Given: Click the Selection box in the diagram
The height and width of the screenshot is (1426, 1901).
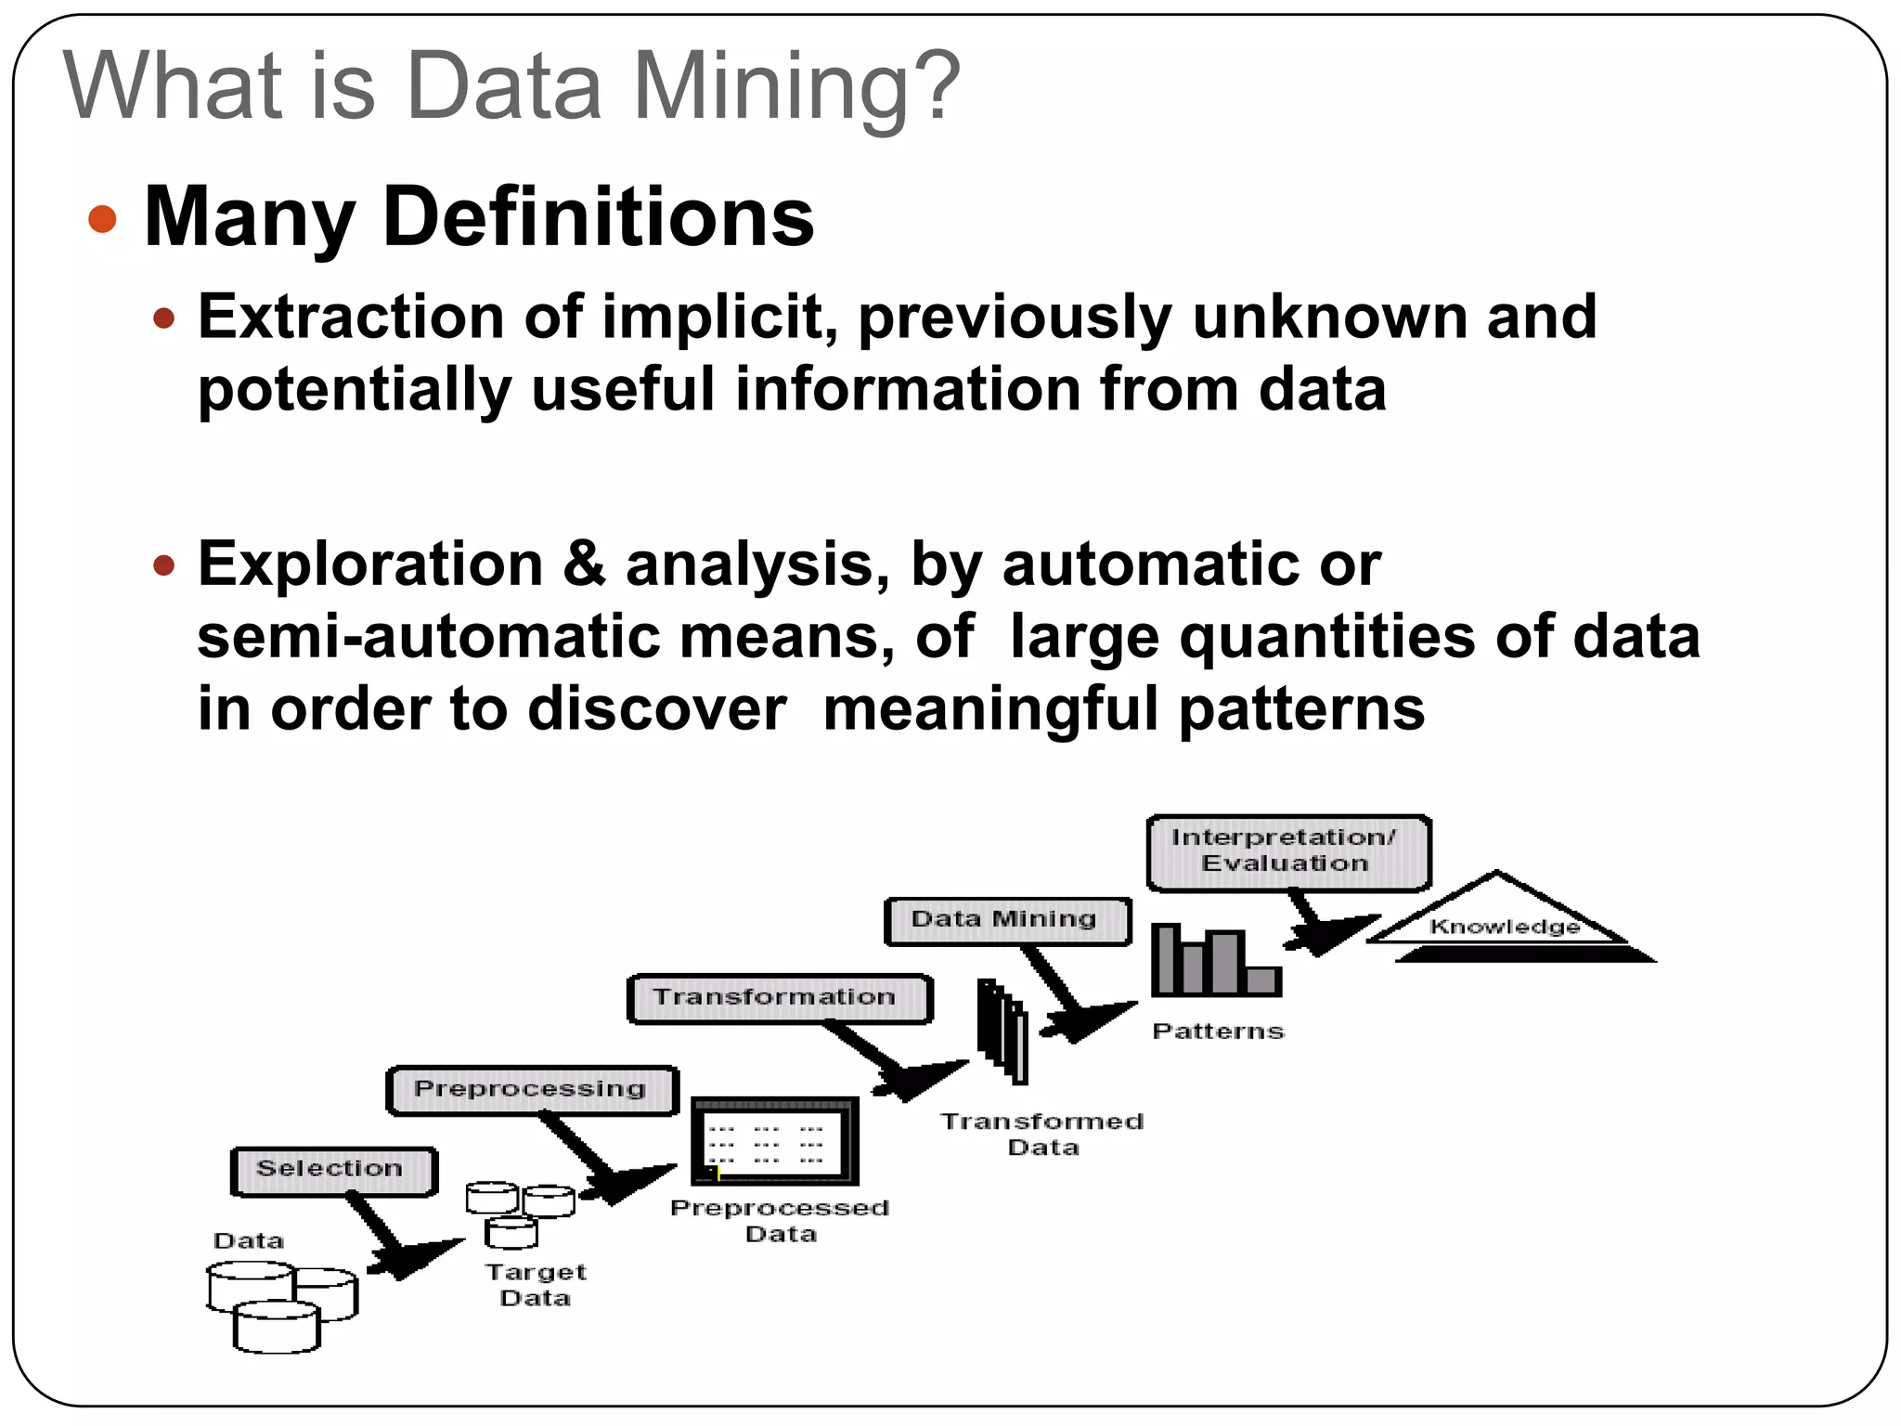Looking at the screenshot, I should (333, 1171).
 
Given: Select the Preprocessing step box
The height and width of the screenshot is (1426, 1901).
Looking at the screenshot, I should (532, 1090).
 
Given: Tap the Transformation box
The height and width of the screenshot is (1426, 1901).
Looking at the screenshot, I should (779, 998).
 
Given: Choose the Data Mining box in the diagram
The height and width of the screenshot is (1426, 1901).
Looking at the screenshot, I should (1007, 921).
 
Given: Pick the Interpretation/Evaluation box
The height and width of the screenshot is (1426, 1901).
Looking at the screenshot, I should (1287, 851).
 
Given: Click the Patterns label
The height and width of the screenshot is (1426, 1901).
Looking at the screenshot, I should (1218, 1031).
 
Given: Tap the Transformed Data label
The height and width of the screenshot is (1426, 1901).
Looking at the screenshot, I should (1042, 1134).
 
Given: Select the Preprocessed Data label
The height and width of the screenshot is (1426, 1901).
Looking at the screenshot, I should (780, 1221).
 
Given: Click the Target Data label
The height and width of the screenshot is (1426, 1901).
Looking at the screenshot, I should (536, 1285).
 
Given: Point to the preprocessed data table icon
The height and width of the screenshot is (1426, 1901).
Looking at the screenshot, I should (775, 1141).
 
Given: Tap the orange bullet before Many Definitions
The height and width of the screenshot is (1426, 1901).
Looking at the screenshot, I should (102, 219).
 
